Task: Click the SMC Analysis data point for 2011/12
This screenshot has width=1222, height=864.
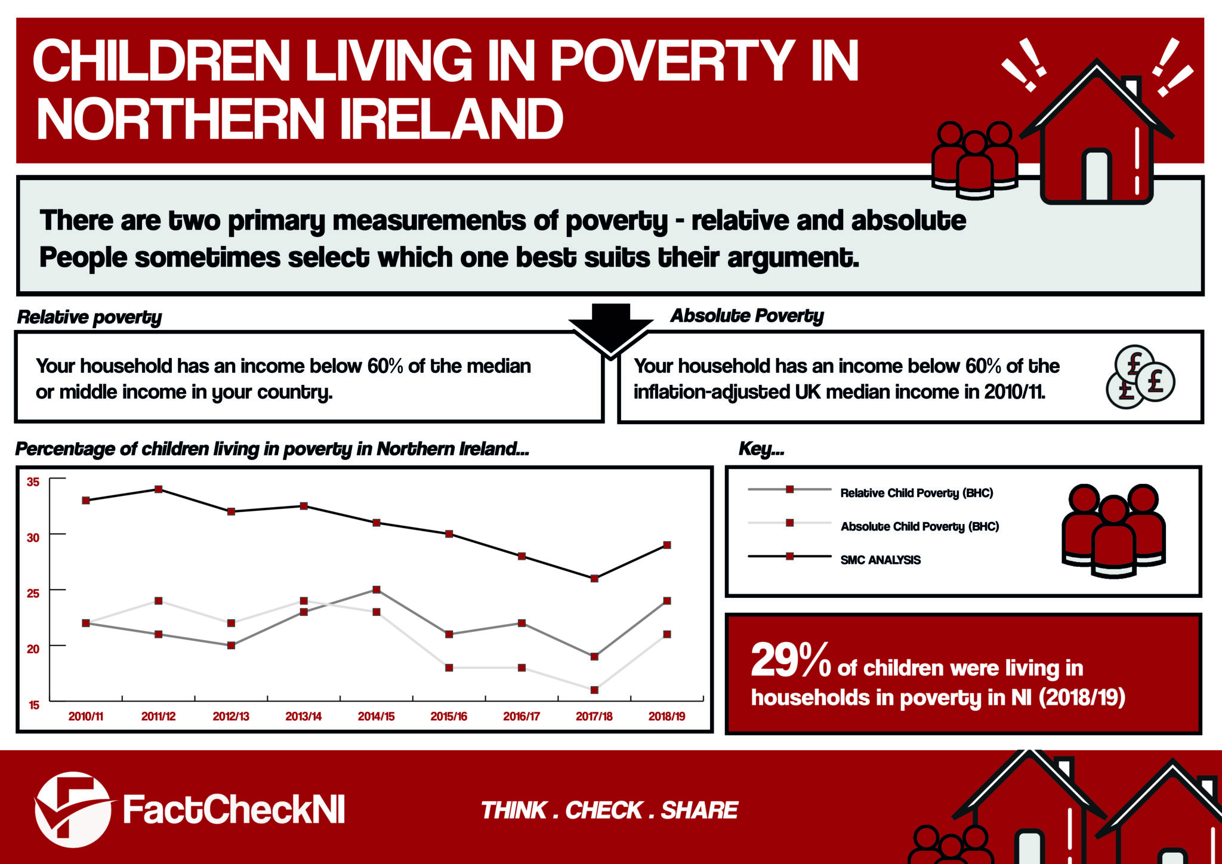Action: [159, 489]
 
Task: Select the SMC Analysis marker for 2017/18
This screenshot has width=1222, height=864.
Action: [594, 579]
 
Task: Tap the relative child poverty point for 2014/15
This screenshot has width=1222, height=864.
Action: [377, 590]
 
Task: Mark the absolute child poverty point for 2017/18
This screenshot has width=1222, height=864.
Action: [594, 690]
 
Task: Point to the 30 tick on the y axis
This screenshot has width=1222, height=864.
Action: [33, 538]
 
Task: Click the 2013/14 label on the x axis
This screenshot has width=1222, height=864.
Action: [303, 717]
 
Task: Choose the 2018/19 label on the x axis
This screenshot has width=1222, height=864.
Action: [666, 717]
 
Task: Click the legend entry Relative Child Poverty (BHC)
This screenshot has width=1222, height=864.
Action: [916, 493]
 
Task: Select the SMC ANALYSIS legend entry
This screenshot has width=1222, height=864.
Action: [880, 560]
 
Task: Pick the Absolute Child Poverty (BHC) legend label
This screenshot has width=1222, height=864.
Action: [919, 526]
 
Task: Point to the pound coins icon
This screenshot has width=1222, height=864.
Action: [1140, 377]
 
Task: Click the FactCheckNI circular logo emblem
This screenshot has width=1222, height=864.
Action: [73, 810]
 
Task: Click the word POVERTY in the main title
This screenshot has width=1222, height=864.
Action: [672, 61]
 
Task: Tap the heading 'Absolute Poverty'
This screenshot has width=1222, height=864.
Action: [747, 316]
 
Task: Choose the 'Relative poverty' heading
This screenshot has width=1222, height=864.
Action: [90, 317]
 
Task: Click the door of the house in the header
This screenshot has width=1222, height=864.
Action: [1097, 175]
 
